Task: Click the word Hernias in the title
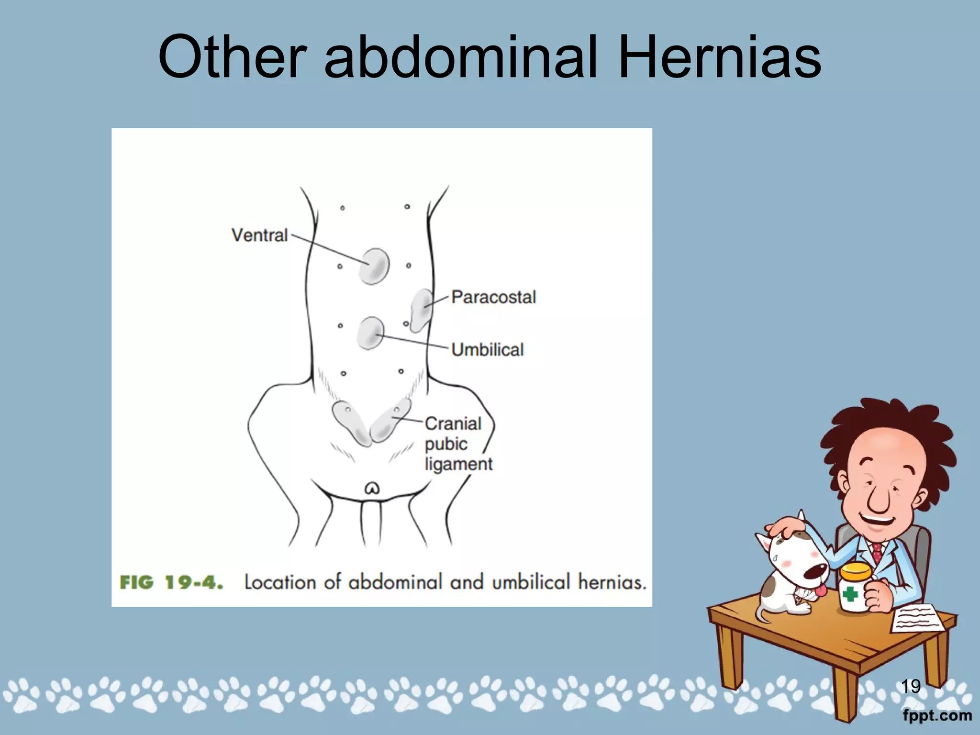[719, 57]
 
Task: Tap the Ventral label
[259, 235]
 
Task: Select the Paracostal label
[493, 297]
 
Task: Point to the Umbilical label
[487, 350]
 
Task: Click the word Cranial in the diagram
[453, 423]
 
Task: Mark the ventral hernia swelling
[374, 266]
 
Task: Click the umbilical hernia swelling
[370, 333]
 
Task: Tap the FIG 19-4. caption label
[171, 583]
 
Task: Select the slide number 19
[911, 686]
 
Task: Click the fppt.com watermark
[937, 716]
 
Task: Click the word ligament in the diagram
[458, 464]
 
